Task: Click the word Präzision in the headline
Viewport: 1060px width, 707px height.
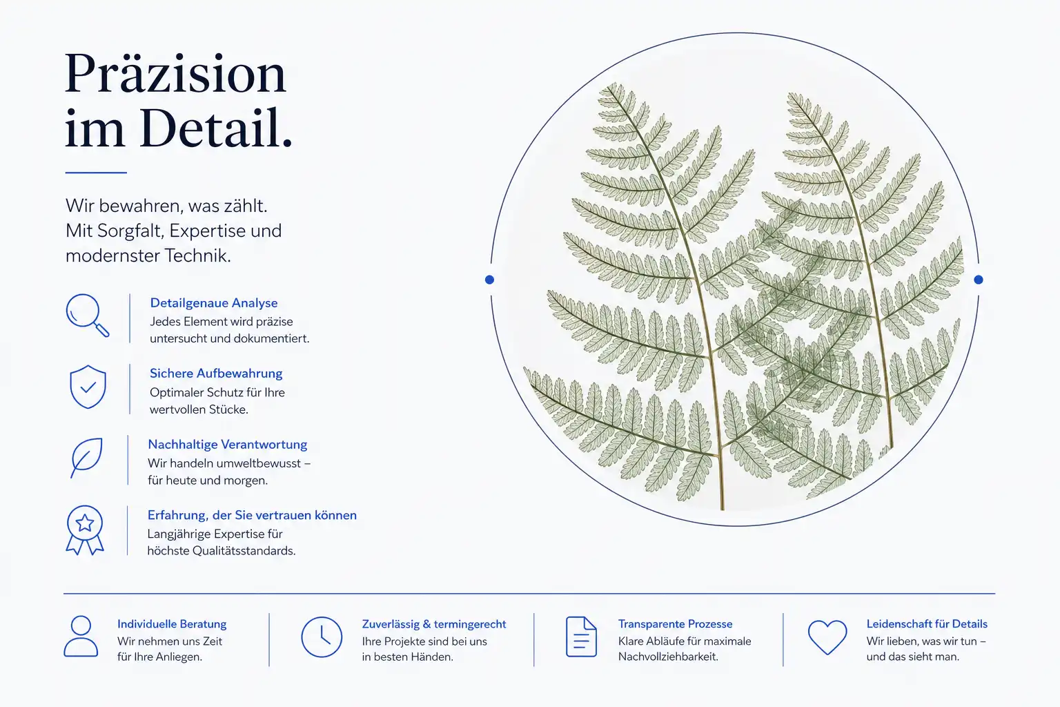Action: (175, 75)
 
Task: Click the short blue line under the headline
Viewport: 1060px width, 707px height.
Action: (96, 173)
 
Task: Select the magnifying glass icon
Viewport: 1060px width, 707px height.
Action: (88, 316)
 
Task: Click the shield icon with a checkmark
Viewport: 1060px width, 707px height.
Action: (88, 387)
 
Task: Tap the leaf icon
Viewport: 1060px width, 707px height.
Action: (86, 458)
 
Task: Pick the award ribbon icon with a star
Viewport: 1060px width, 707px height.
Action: (85, 530)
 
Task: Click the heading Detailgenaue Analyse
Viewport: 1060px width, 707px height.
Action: (214, 303)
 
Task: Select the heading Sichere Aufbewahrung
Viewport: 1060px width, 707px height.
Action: (216, 374)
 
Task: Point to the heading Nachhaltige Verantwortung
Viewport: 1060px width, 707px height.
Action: (228, 445)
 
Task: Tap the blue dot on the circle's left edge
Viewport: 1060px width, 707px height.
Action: (490, 280)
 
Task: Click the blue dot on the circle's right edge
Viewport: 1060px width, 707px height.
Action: (979, 280)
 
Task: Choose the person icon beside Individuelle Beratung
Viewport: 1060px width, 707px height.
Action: (81, 637)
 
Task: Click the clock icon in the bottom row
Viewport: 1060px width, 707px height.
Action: (322, 637)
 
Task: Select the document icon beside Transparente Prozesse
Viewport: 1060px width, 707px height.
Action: (582, 637)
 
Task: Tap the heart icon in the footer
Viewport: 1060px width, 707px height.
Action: (827, 637)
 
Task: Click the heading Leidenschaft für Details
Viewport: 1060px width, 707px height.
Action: (927, 624)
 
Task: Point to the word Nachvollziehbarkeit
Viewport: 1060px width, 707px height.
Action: (668, 657)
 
